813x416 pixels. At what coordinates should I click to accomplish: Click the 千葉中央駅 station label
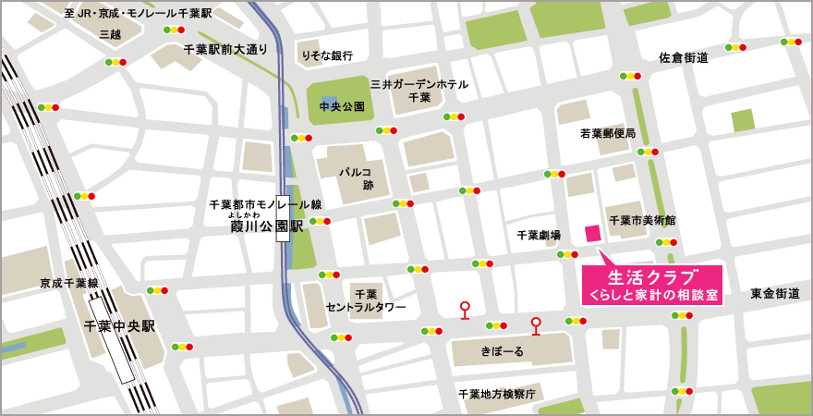click(119, 326)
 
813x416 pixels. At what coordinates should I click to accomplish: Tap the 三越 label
click(110, 34)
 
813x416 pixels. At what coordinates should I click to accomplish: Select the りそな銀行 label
click(327, 55)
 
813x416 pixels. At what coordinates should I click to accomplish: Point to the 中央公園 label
click(342, 107)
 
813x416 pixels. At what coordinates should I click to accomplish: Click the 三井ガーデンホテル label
click(419, 84)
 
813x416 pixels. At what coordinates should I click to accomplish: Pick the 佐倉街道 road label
click(684, 58)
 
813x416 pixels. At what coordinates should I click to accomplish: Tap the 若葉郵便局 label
click(607, 134)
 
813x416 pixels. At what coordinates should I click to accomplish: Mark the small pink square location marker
click(592, 232)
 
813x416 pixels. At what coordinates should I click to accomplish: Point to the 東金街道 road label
click(774, 293)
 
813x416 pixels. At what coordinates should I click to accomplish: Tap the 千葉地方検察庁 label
click(497, 394)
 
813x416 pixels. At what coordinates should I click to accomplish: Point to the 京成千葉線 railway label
click(68, 283)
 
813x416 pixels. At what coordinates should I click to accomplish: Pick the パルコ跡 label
click(354, 178)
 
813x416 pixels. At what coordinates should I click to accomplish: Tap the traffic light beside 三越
click(115, 62)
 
